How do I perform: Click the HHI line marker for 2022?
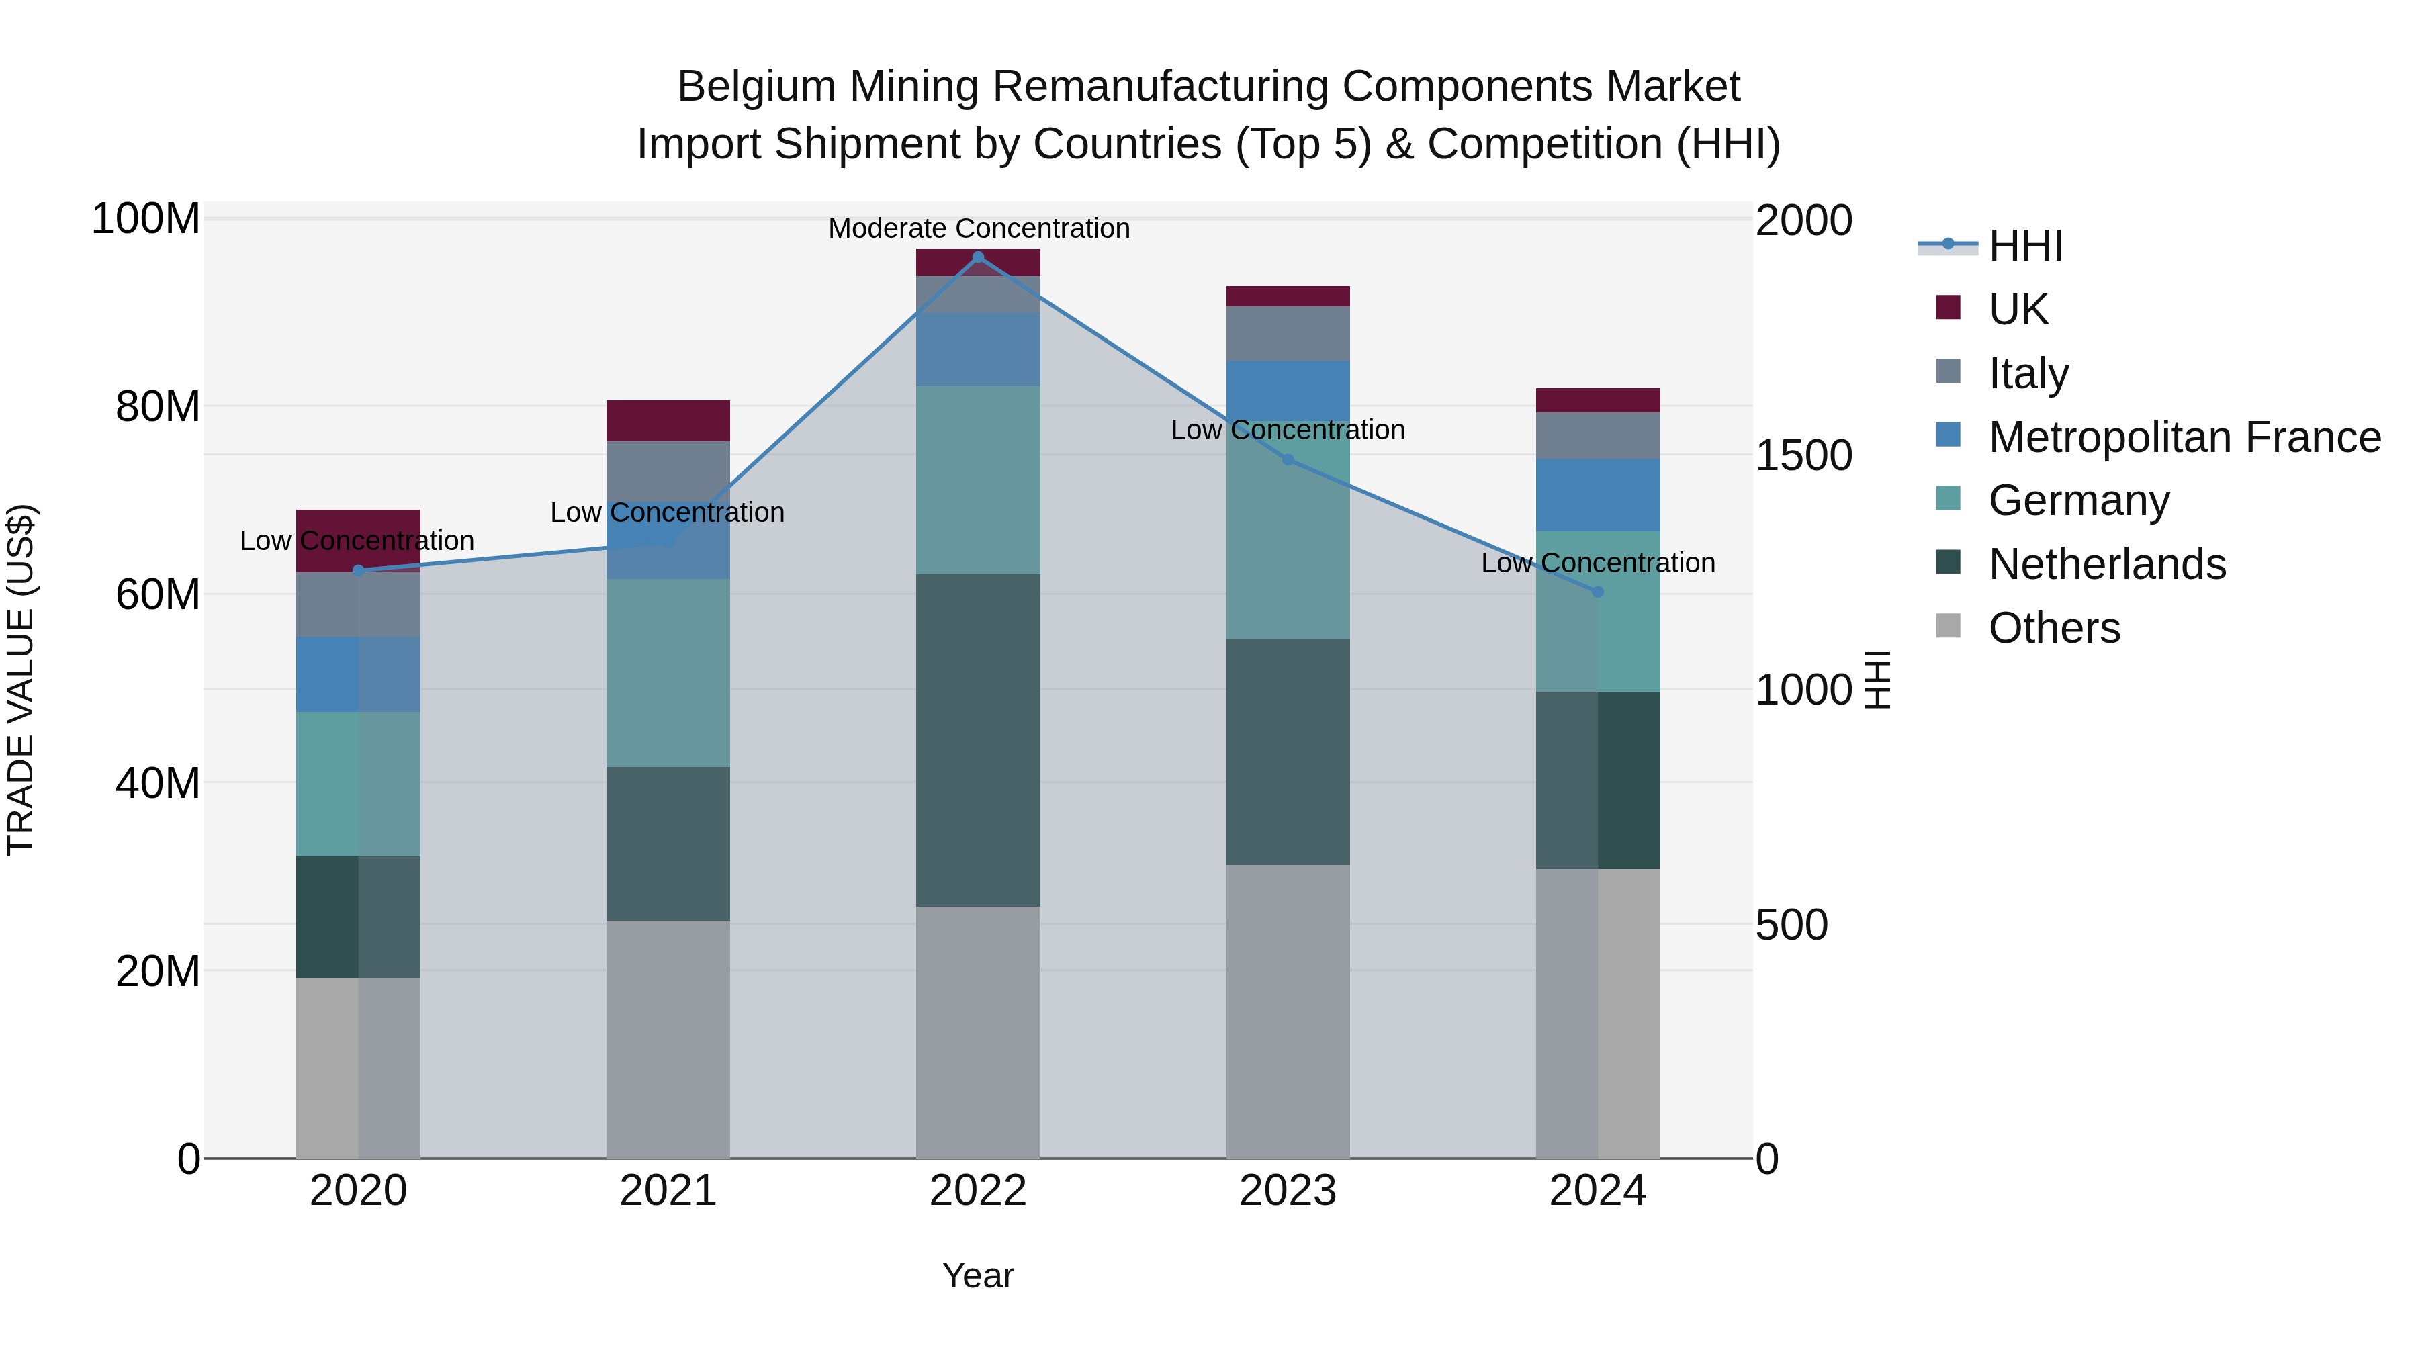point(978,257)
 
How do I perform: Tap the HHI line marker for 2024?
point(1598,592)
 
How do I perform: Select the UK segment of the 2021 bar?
point(668,420)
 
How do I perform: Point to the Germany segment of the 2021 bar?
point(668,672)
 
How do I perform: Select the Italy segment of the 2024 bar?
point(1598,435)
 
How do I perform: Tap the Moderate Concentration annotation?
point(978,228)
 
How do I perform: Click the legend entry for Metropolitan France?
point(2184,437)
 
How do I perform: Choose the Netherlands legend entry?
point(2106,564)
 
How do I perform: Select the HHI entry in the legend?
point(2024,246)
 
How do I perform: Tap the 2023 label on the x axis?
point(1288,1191)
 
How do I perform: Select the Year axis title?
point(978,1275)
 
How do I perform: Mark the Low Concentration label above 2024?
point(1598,563)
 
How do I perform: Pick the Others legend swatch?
point(1949,626)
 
